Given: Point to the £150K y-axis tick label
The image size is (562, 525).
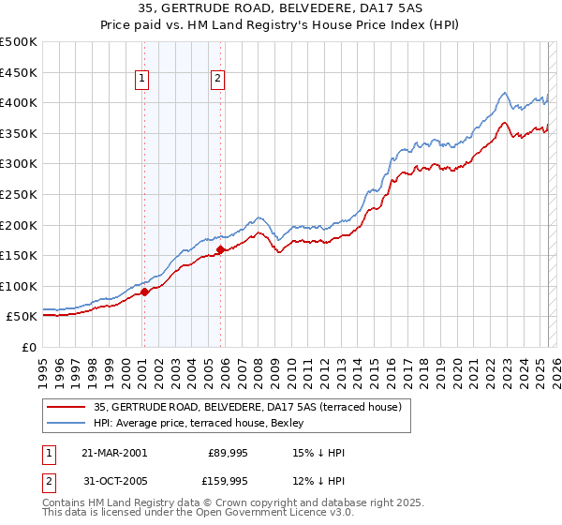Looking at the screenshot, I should (19, 255).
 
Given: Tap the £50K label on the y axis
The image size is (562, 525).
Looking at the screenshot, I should (22, 317).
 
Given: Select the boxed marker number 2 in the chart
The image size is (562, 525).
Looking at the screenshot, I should (218, 80).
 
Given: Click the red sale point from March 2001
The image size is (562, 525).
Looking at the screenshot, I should (145, 292).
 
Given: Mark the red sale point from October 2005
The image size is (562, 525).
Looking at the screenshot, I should (221, 249).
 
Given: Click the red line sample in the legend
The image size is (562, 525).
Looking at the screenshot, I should (66, 407).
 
